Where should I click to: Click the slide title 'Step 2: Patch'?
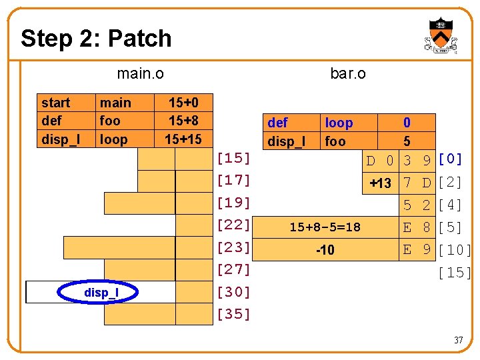(96, 38)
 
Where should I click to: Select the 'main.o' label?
(140, 73)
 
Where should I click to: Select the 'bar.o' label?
(348, 73)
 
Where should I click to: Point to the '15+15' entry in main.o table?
(183, 139)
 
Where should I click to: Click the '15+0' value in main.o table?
(183, 103)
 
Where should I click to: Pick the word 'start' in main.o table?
(55, 103)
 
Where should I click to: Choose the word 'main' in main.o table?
(115, 103)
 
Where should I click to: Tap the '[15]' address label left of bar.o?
(233, 159)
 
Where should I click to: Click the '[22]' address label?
(233, 225)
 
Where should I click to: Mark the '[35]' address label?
(233, 314)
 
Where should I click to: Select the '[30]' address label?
(233, 292)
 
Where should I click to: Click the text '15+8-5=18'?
(325, 227)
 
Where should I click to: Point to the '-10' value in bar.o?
(325, 250)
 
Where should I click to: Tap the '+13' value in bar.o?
(380, 183)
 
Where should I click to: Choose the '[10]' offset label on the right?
(455, 250)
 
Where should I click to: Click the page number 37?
(458, 340)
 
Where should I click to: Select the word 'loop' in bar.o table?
(339, 123)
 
